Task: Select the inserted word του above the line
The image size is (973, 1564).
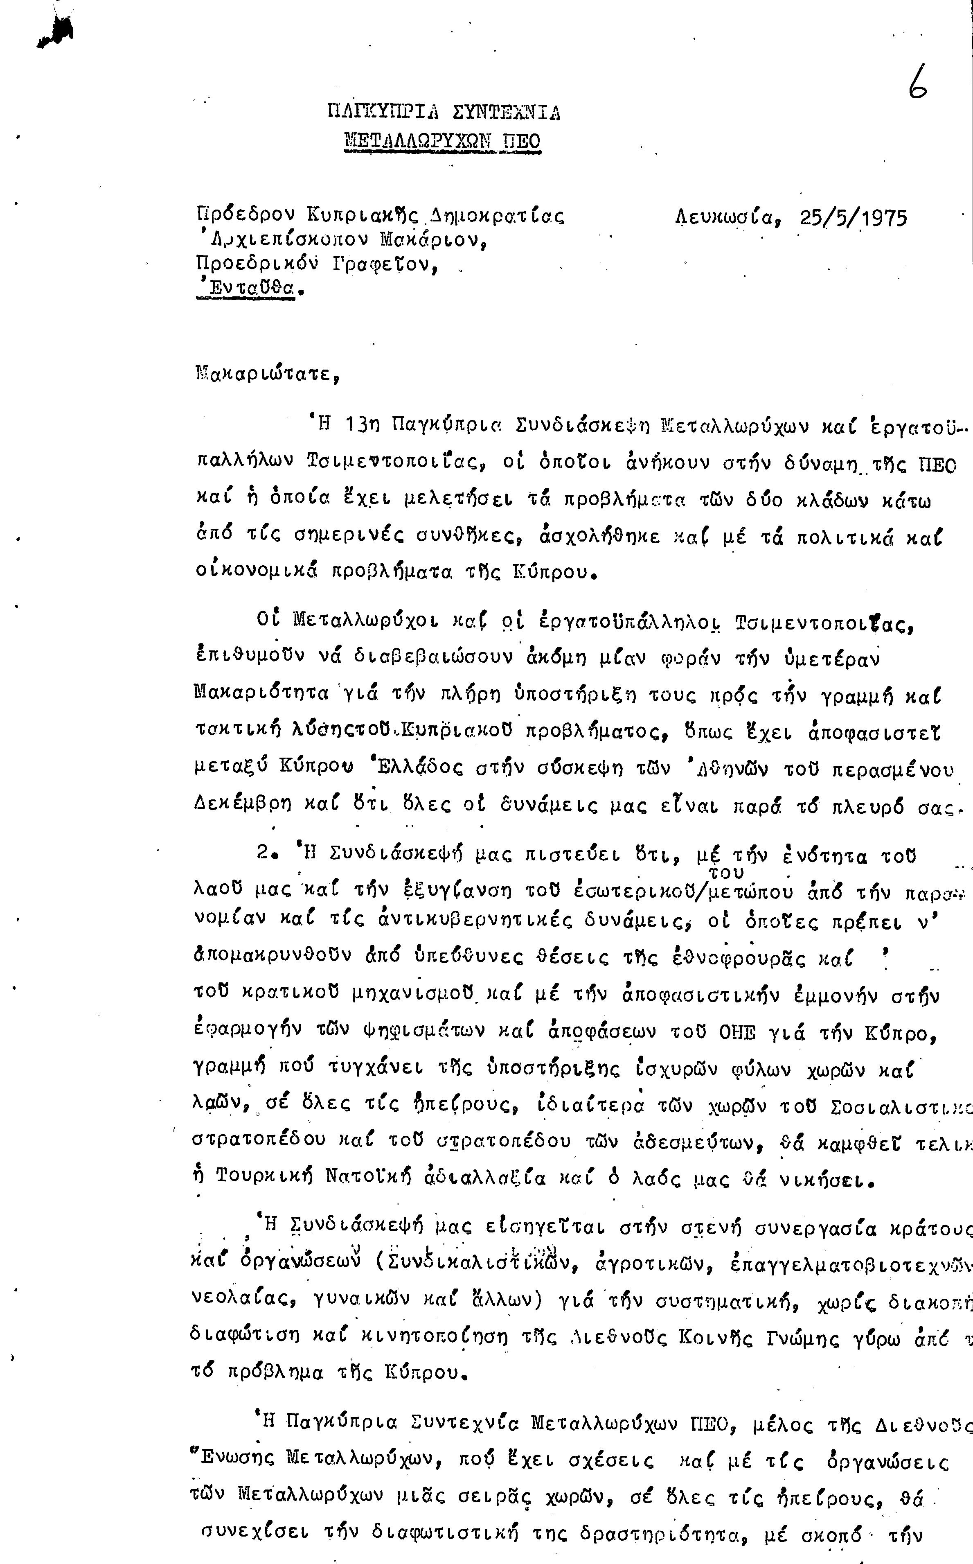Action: click(x=725, y=872)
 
